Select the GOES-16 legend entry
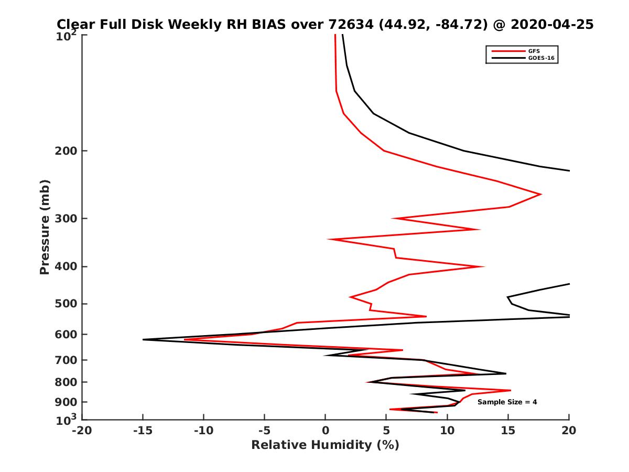point(539,58)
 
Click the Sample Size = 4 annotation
point(507,402)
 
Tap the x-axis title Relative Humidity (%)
point(325,445)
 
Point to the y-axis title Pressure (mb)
point(45,227)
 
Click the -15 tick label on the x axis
point(143,431)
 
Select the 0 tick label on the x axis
point(326,431)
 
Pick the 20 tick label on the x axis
point(569,431)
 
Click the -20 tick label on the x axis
point(82,431)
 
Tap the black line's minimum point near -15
point(143,340)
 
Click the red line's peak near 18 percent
point(541,195)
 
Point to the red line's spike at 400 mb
point(483,266)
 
